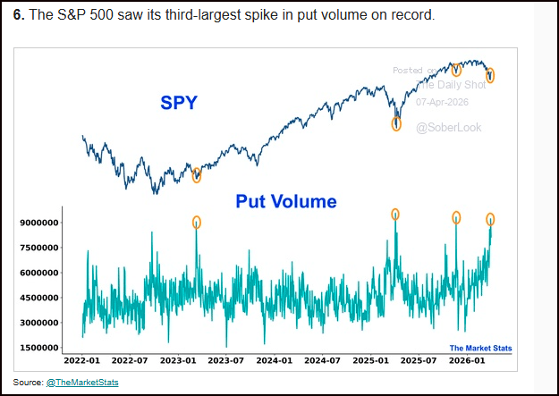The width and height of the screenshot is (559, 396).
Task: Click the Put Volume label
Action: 286,201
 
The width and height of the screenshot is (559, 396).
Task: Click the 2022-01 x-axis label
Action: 81,361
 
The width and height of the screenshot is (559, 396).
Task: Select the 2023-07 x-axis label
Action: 225,361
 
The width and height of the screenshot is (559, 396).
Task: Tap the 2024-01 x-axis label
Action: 274,361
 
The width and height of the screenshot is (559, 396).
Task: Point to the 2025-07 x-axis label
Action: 419,361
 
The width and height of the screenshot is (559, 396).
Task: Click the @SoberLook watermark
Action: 448,128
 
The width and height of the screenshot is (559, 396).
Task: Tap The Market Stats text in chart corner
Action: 480,348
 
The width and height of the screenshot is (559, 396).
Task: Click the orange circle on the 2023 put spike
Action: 197,222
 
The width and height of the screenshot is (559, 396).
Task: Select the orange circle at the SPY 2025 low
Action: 396,124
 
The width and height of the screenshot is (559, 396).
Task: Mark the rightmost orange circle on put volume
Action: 490,219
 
